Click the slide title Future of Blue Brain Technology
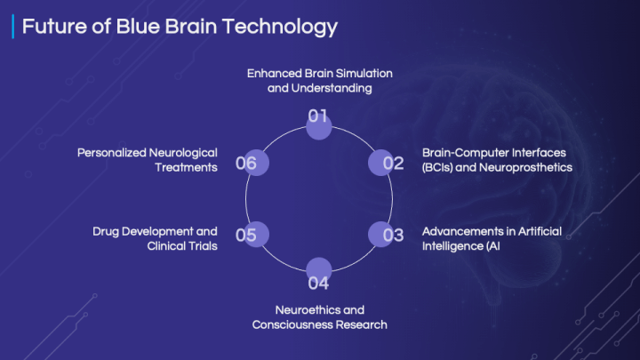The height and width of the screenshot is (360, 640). tap(180, 27)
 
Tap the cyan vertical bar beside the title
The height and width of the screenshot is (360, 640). tap(13, 27)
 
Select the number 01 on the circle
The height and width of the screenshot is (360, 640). tap(317, 116)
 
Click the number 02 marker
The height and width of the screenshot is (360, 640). tap(393, 164)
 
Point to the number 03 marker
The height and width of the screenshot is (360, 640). tap(393, 235)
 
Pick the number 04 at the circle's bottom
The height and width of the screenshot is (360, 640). tap(318, 284)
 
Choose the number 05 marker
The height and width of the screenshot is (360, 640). tap(245, 235)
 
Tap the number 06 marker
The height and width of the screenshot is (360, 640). tap(245, 164)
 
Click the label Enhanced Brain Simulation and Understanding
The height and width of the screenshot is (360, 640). tap(320, 81)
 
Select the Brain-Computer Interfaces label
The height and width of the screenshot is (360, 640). tap(497, 160)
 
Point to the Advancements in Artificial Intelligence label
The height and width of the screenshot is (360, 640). tap(492, 239)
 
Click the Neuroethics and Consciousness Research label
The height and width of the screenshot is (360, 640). tap(320, 317)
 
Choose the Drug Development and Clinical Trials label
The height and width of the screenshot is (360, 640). tap(155, 239)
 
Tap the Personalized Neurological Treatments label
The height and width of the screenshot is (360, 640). tap(148, 160)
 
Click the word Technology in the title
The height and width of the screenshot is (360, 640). tap(280, 27)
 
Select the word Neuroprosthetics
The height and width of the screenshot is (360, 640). tap(525, 167)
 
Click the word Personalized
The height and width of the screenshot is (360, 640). tap(111, 153)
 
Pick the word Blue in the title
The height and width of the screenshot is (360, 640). tap(137, 26)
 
